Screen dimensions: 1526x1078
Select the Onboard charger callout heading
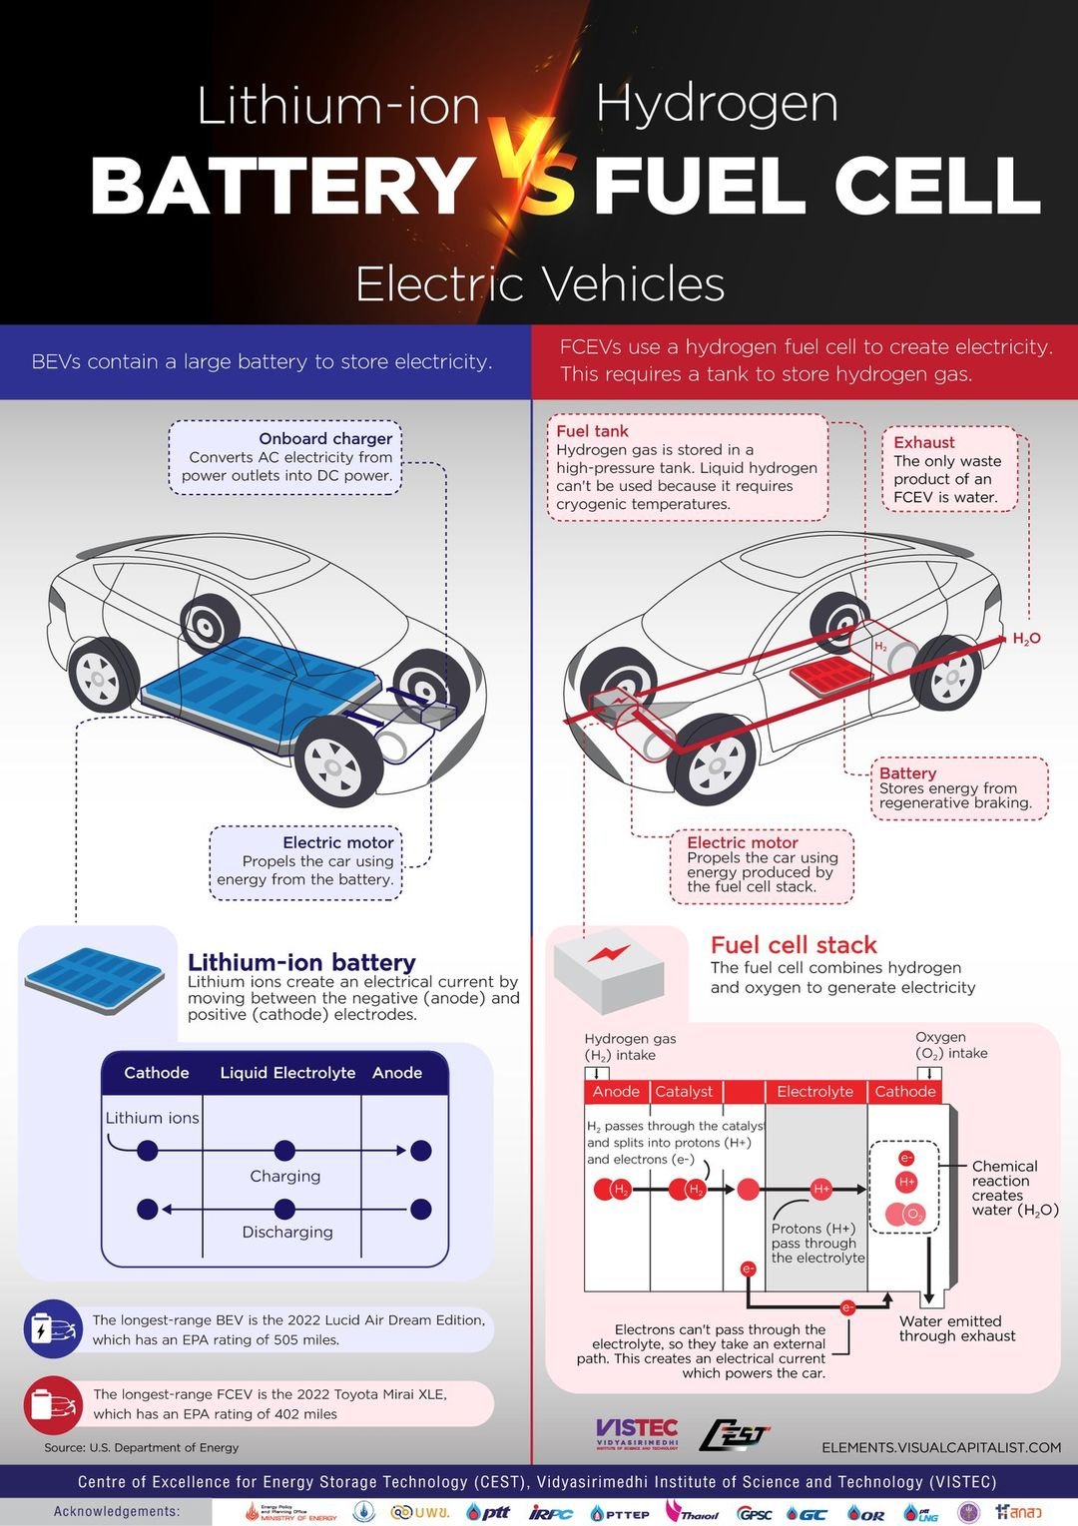click(325, 438)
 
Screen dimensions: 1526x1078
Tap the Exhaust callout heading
click(923, 442)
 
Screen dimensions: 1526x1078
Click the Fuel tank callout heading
click(592, 431)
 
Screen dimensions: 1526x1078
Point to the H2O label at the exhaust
click(1026, 639)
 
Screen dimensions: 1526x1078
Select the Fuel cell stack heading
click(794, 945)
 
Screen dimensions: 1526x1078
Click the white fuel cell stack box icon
click(608, 969)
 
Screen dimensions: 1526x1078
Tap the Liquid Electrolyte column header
click(287, 1073)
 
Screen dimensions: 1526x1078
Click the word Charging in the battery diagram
click(285, 1177)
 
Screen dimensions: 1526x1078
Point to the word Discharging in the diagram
click(287, 1233)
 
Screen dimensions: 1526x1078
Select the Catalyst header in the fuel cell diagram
click(684, 1092)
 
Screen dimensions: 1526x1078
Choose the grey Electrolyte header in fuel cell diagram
click(814, 1092)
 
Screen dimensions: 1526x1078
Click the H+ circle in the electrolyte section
click(821, 1189)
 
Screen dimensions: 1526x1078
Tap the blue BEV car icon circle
click(53, 1329)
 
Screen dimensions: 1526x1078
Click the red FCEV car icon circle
click(53, 1404)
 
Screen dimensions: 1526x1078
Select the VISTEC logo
click(637, 1433)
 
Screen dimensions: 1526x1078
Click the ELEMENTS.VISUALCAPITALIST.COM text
click(941, 1447)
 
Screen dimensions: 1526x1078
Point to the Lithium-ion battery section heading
click(301, 962)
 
